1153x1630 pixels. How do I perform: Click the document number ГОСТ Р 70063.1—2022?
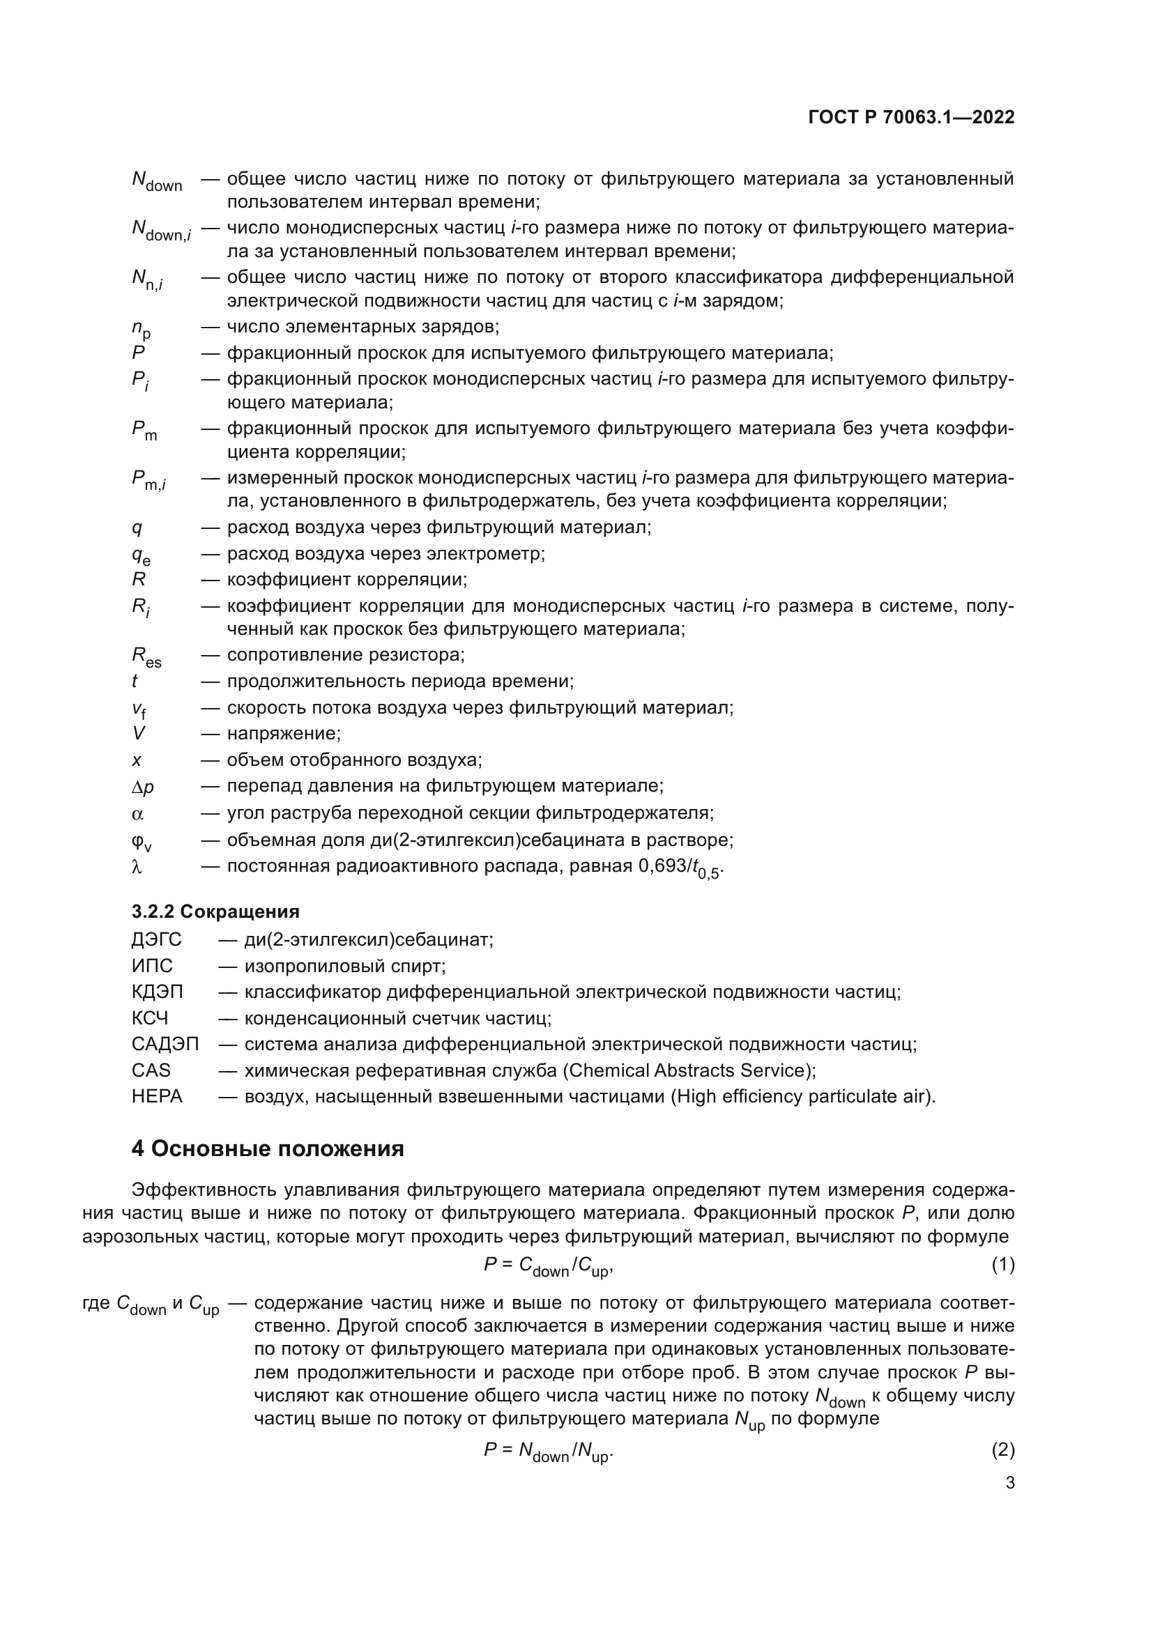point(911,118)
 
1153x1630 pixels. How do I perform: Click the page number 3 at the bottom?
point(1009,1482)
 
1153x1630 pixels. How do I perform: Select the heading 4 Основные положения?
point(268,1148)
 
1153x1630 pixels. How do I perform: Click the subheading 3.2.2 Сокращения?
point(215,912)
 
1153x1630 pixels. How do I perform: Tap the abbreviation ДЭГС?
point(156,940)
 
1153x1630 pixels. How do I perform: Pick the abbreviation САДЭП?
point(165,1045)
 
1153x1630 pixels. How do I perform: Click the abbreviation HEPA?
point(157,1096)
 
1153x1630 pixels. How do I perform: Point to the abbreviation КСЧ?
point(150,1018)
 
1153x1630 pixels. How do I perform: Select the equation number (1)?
point(1002,1264)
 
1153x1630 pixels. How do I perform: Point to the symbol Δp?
point(143,787)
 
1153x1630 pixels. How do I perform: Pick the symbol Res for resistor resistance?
point(146,657)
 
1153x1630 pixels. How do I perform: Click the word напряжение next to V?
point(283,733)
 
